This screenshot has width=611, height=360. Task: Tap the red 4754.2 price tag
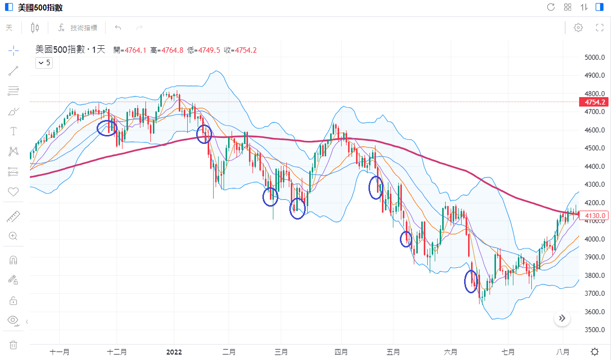click(595, 102)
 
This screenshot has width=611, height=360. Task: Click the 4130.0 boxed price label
click(595, 216)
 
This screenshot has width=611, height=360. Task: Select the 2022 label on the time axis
click(174, 352)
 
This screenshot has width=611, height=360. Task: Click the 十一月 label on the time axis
click(59, 352)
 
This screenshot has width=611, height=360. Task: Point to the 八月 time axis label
click(563, 352)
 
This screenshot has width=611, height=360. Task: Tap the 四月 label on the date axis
click(341, 352)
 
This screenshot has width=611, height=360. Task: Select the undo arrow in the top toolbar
click(118, 28)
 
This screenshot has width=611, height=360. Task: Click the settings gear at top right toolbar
click(578, 28)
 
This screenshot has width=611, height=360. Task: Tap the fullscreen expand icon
click(600, 28)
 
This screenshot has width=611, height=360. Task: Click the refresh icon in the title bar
click(551, 7)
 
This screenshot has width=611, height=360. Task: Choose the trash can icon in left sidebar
click(13, 345)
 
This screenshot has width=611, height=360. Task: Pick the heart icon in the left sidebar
click(13, 192)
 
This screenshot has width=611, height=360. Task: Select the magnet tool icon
click(13, 260)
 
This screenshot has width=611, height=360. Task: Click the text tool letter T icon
click(13, 131)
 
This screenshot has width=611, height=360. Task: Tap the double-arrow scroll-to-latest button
click(562, 318)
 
